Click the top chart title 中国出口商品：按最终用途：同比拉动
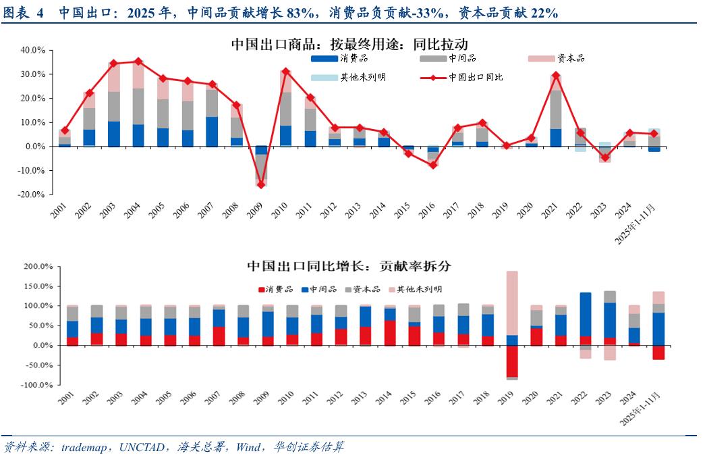pyautogui.click(x=349, y=44)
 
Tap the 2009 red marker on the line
pyautogui.click(x=260, y=184)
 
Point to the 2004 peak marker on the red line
pyautogui.click(x=138, y=61)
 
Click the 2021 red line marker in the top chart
pyautogui.click(x=555, y=76)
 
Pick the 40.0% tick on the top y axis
pyautogui.click(x=32, y=50)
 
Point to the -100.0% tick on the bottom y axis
pyautogui.click(x=31, y=385)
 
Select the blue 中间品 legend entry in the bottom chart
pyautogui.click(x=320, y=289)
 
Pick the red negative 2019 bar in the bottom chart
pyautogui.click(x=512, y=361)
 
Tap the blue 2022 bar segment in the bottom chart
pyautogui.click(x=586, y=314)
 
